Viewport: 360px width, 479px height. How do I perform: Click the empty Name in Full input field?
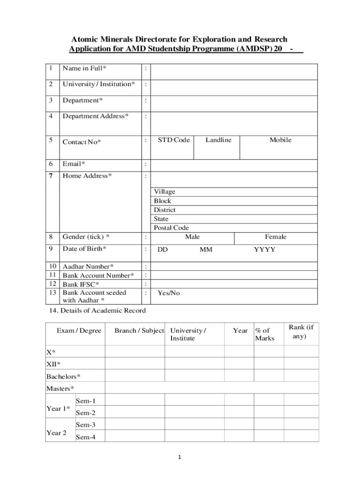coord(234,72)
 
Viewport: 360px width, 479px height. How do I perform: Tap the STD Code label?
coord(173,140)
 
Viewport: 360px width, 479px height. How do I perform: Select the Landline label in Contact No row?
coord(218,140)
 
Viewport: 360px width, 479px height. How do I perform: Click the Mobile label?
coord(280,140)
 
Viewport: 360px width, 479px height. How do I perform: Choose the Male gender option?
coord(192,237)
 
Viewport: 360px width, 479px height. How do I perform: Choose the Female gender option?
coord(275,237)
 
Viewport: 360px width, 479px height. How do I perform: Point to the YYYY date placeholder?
coord(264,250)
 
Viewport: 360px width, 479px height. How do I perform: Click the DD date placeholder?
coord(162,250)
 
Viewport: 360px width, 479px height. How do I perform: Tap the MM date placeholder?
coord(206,250)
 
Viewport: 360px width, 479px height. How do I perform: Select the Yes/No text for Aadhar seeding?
coord(168,293)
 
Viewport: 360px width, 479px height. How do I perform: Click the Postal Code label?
coord(171,228)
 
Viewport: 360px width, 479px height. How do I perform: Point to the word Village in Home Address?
coord(165,192)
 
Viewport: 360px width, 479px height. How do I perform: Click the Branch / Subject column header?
coord(139,331)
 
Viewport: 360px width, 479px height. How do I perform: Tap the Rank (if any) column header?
coord(301,332)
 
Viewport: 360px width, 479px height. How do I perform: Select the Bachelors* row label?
coord(63,376)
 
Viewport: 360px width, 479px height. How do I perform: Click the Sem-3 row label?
coord(86,425)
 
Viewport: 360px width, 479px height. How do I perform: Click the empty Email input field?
coord(234,164)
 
